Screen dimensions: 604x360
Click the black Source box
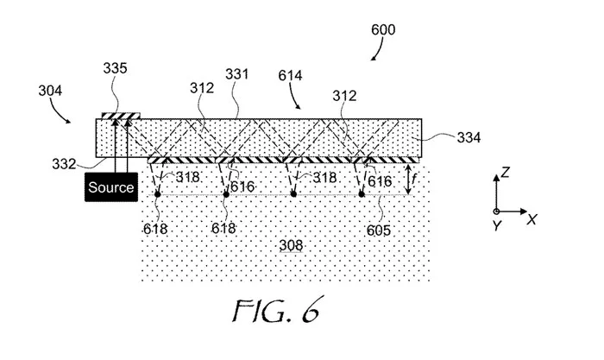[111, 187]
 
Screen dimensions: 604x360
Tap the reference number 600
[383, 29]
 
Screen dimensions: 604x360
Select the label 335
[115, 68]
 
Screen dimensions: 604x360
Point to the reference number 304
[50, 91]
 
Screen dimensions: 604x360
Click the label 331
[237, 74]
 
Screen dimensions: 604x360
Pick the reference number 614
[290, 76]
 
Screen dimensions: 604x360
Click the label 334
[469, 137]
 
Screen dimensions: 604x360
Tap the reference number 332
[64, 164]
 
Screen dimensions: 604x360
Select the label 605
[379, 231]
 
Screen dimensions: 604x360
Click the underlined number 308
[291, 245]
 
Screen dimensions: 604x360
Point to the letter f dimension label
[414, 179]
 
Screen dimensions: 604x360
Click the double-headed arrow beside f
[407, 179]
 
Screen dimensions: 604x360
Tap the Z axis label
[506, 172]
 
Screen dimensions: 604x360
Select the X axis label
[532, 219]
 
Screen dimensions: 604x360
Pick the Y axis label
[497, 224]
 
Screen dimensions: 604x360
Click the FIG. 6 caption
[277, 310]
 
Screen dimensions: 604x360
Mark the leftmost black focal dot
[158, 194]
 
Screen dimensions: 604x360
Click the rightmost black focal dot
[362, 194]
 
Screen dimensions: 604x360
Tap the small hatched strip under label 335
[121, 116]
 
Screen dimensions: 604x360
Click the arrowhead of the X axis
[524, 212]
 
